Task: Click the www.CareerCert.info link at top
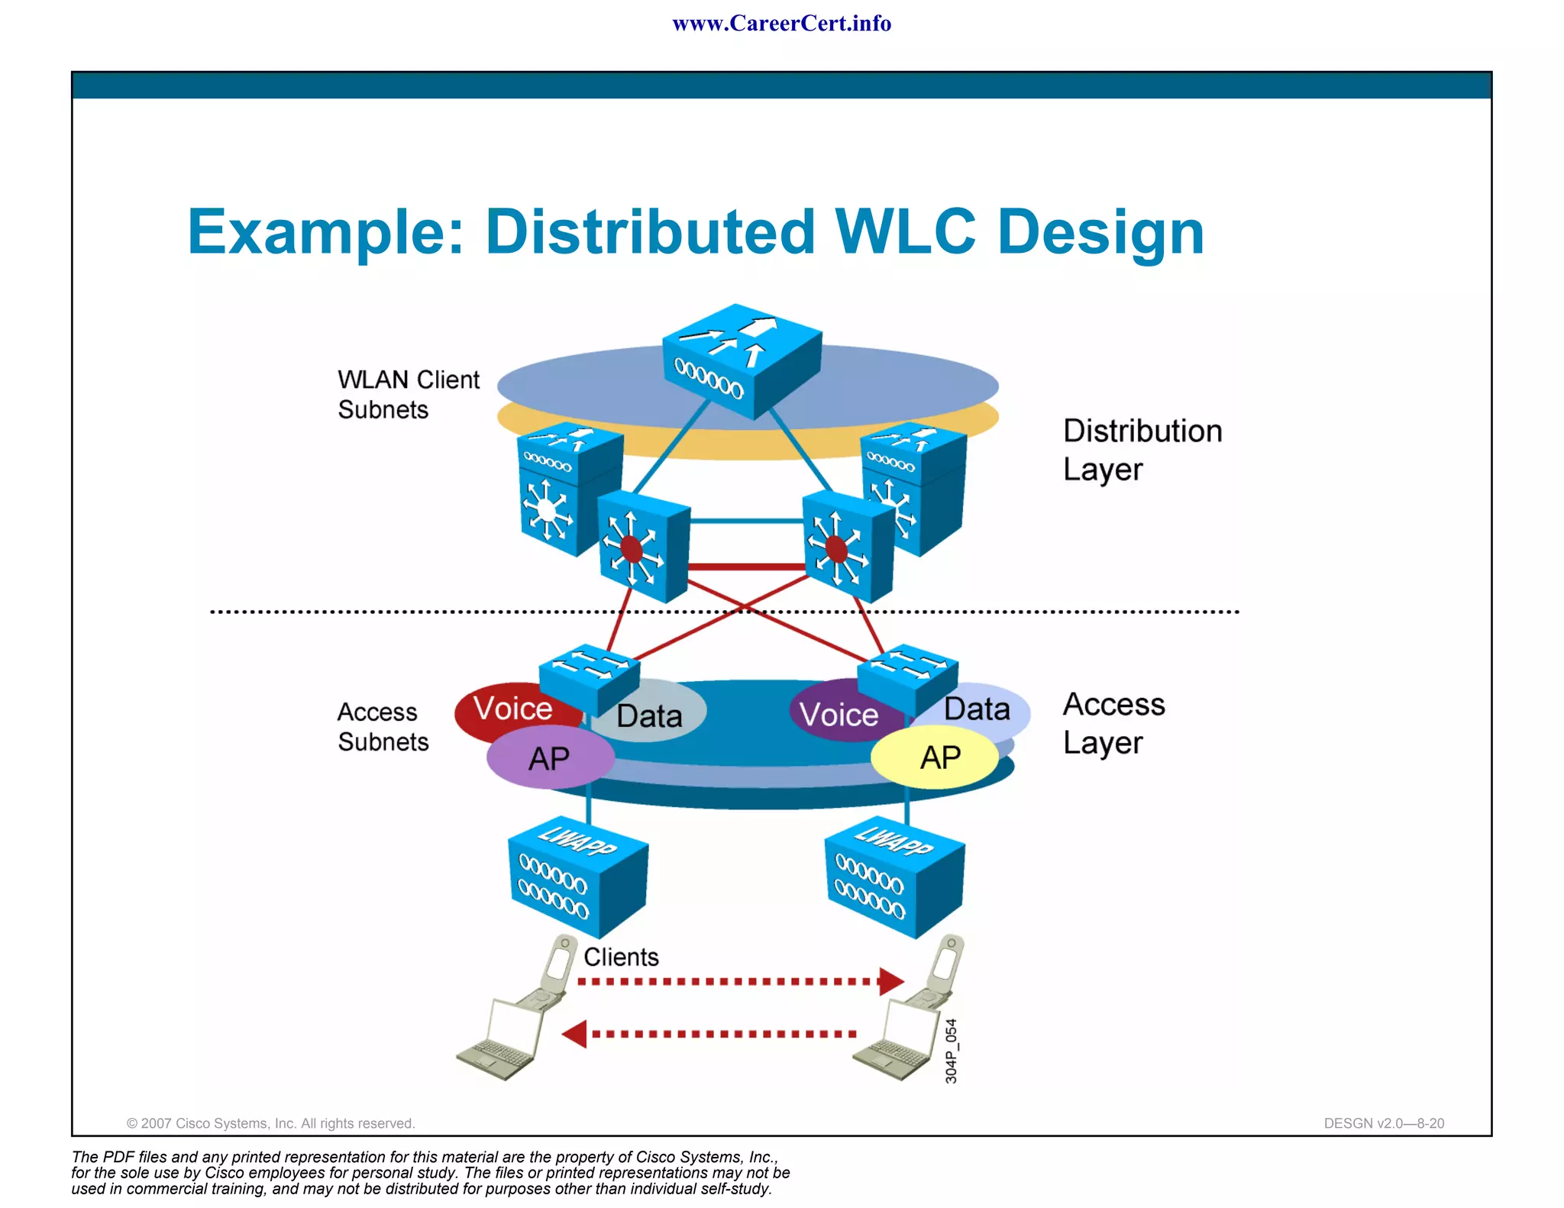click(781, 24)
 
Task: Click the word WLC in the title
click(905, 231)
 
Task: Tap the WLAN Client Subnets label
click(408, 394)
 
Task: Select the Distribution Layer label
click(1142, 450)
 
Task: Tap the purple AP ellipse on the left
click(550, 758)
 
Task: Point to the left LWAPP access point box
click(577, 877)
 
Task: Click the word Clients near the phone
click(620, 957)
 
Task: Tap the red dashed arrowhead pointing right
click(890, 981)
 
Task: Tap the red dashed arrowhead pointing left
click(574, 1034)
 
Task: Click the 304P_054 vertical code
click(951, 1051)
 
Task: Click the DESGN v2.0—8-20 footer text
click(1383, 1123)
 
